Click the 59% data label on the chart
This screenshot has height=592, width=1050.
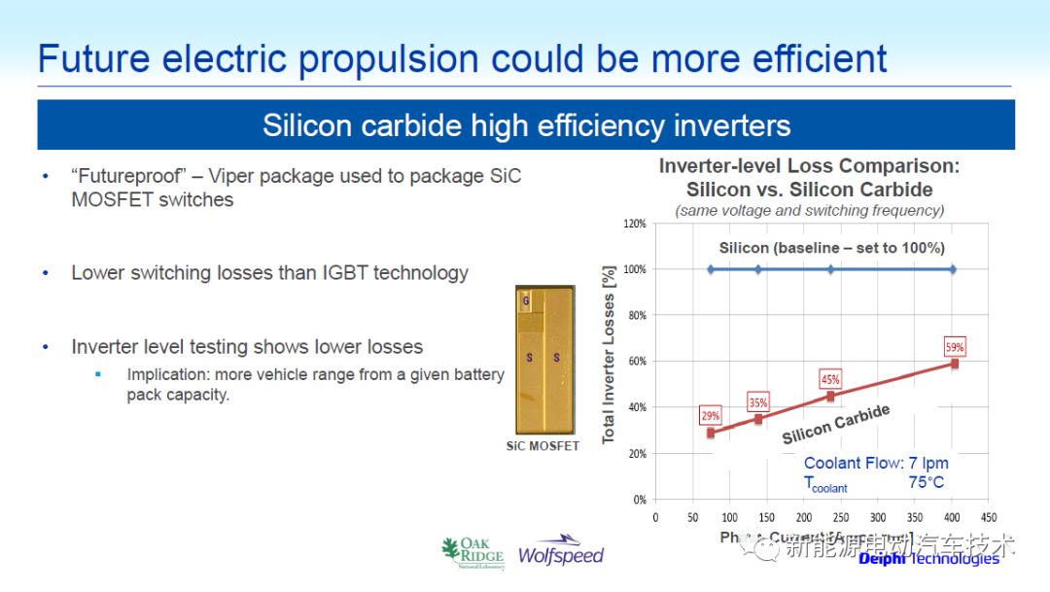(955, 347)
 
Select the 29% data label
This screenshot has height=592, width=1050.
(711, 416)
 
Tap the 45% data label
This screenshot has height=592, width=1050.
(830, 379)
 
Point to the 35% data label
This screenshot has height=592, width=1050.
(758, 402)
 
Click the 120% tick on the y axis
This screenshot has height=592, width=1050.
(634, 224)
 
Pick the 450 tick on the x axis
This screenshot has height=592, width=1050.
(989, 518)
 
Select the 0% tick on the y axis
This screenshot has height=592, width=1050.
(639, 500)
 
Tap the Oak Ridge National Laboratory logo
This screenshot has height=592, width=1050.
(472, 552)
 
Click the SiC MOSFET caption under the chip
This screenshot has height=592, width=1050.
(542, 446)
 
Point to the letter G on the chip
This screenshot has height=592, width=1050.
(526, 301)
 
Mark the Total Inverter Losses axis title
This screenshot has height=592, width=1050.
(610, 356)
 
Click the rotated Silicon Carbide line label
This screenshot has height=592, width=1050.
(835, 424)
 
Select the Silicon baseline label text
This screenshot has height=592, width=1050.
(831, 248)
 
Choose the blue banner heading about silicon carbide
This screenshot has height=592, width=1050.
(526, 125)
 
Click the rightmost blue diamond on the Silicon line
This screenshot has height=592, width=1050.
(953, 269)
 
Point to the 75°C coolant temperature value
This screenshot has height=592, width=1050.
(926, 482)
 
